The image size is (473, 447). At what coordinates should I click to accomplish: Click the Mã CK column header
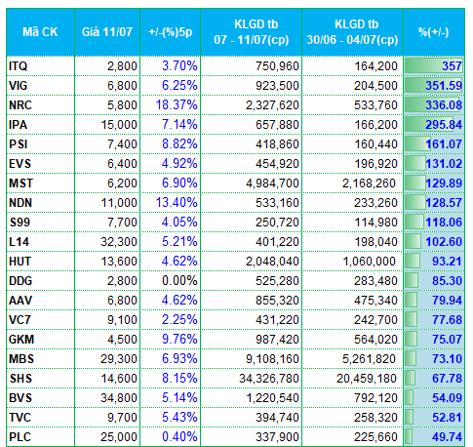coord(40,32)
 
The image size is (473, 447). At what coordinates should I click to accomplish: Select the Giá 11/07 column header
coord(107,32)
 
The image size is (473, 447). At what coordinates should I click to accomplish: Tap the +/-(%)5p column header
coord(171,32)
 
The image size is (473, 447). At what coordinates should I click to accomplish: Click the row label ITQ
coord(19,66)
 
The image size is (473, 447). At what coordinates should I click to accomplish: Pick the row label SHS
coord(20,379)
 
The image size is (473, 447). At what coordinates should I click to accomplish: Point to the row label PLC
coord(20,437)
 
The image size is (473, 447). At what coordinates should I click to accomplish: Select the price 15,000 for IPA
coord(119,125)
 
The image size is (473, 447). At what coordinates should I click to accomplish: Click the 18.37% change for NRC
coord(177,105)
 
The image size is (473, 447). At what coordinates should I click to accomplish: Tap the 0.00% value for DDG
coord(179,281)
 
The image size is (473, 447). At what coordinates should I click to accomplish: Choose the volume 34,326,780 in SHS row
coord(269,379)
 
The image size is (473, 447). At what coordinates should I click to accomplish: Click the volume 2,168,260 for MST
coord(369,183)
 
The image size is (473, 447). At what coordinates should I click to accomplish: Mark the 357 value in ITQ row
coord(452,66)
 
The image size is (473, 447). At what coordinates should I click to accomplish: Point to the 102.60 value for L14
coord(444,242)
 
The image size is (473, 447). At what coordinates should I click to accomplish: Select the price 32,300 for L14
coord(119,242)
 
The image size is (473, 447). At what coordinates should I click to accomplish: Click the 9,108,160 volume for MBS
coord(272,359)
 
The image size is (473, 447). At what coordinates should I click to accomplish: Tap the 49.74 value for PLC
coord(447,437)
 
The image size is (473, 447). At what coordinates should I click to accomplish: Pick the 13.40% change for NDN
coord(177,203)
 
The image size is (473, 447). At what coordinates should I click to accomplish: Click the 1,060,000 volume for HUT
coord(370,262)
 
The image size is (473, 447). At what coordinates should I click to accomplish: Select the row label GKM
coord(21,340)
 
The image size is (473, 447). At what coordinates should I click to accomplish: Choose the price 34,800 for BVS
coord(119,398)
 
